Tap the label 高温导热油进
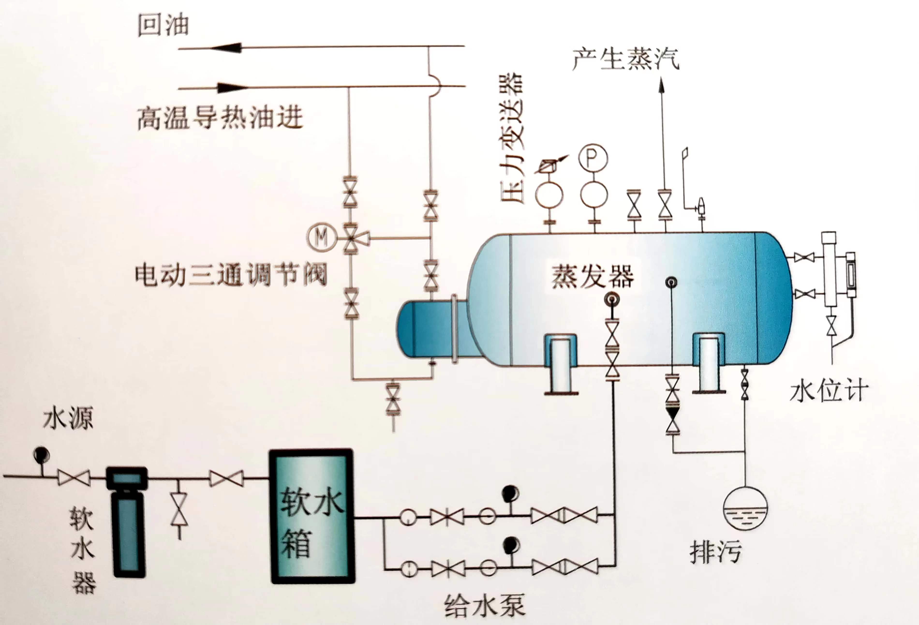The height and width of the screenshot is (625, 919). [220, 118]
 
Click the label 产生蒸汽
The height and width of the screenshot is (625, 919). [626, 59]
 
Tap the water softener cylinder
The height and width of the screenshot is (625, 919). [127, 522]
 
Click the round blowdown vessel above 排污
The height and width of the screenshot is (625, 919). [745, 509]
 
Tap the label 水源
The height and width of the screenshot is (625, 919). [68, 419]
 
